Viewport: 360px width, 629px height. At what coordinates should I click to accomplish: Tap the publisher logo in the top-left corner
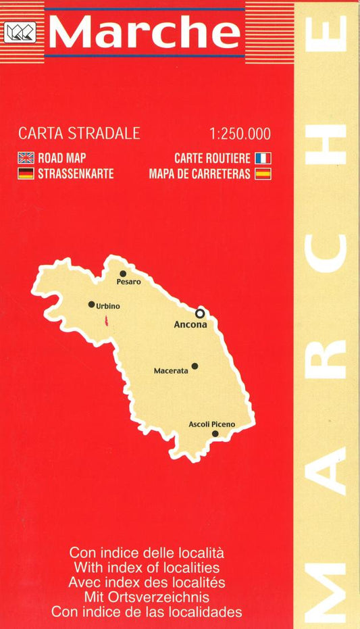pyautogui.click(x=16, y=32)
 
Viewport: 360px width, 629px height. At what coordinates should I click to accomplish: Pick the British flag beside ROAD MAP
pyautogui.click(x=26, y=158)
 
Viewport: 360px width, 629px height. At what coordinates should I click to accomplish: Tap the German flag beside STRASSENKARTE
pyautogui.click(x=26, y=174)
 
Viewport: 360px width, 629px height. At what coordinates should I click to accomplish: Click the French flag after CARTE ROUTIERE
pyautogui.click(x=263, y=158)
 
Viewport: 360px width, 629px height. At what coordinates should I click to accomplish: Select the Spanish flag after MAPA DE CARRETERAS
pyautogui.click(x=263, y=174)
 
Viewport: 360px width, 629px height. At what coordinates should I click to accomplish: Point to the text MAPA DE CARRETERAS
pyautogui.click(x=200, y=174)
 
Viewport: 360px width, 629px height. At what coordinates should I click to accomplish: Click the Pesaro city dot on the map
pyautogui.click(x=124, y=274)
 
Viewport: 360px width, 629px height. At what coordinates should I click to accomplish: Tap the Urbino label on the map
pyautogui.click(x=108, y=306)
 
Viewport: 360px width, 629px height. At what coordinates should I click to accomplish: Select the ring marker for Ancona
pyautogui.click(x=200, y=313)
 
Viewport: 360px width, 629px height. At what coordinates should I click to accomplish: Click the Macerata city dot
pyautogui.click(x=195, y=366)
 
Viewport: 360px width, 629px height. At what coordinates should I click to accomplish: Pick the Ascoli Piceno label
pyautogui.click(x=212, y=424)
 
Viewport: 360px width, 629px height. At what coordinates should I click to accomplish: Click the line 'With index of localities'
pyautogui.click(x=147, y=568)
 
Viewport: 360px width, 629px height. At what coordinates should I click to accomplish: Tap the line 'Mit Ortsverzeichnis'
pyautogui.click(x=147, y=597)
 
